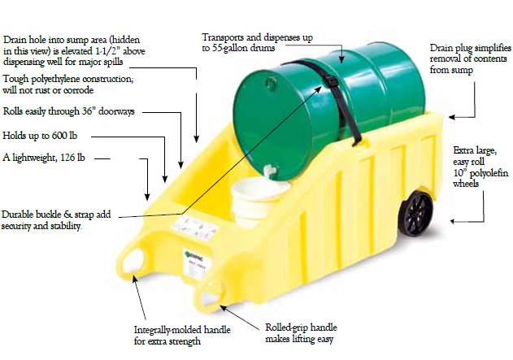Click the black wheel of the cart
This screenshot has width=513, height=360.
coord(415,214)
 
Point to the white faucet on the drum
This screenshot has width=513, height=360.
coord(268,171)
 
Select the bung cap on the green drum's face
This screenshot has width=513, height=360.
coord(271,83)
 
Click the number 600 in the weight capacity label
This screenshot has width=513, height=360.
coord(59,136)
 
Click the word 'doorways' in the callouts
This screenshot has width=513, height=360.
coord(116,111)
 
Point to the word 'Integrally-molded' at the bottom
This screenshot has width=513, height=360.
coord(166,330)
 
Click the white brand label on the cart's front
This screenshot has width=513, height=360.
coord(196,264)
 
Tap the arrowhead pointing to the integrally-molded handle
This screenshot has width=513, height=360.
coord(134,279)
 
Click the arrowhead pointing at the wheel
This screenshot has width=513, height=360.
coord(453,221)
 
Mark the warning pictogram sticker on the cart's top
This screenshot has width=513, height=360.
coord(196,228)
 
